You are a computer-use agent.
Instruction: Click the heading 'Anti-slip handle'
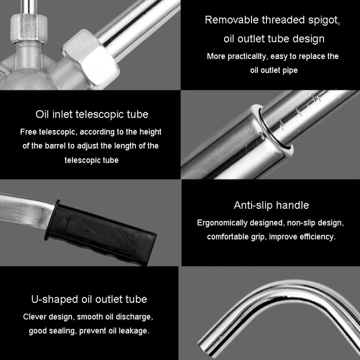[271, 205]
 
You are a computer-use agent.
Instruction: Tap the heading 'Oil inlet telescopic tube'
[92, 114]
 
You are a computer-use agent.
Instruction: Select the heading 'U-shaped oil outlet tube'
[89, 300]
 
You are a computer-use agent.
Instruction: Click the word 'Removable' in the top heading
[230, 20]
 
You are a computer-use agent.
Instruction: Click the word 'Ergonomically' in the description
[222, 223]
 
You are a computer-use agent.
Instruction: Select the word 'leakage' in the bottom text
[133, 331]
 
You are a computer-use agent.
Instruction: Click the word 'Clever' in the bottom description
[35, 317]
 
